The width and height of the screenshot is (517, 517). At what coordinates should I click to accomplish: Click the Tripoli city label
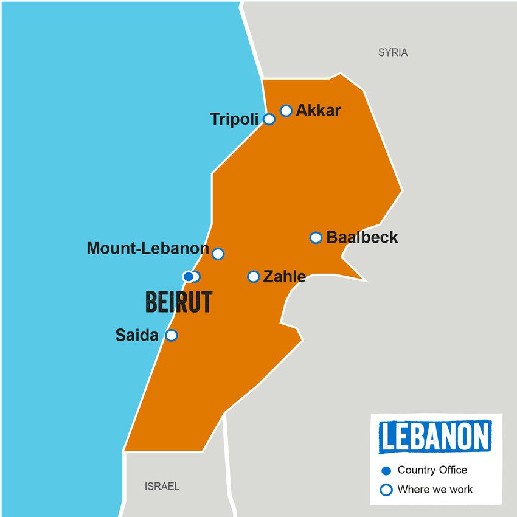tap(234, 119)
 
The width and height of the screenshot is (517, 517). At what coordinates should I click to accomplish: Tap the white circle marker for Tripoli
tap(269, 119)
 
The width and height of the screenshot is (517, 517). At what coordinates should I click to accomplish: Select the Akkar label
tap(318, 111)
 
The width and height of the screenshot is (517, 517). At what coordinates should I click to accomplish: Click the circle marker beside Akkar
tap(286, 111)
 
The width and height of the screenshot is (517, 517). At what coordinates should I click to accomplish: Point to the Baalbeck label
tap(362, 237)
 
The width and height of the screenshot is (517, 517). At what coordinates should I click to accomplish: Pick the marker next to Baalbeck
tap(316, 237)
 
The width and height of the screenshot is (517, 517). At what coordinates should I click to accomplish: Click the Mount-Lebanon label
tap(148, 248)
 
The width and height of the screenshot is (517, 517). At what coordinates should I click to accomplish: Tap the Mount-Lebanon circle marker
tap(218, 254)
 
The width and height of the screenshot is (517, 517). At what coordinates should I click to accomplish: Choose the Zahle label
tap(284, 277)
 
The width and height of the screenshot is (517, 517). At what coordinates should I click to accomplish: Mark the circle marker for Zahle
tap(254, 277)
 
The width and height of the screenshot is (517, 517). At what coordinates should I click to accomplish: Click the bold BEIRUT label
tap(179, 302)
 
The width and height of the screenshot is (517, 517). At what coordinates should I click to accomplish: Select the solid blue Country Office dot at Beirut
tap(189, 277)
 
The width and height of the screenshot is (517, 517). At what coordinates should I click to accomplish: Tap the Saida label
tap(137, 335)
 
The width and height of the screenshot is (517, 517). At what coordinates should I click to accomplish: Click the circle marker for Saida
tap(172, 335)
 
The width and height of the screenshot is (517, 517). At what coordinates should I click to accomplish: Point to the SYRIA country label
tap(393, 53)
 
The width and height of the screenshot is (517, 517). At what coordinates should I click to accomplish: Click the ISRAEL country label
tap(162, 487)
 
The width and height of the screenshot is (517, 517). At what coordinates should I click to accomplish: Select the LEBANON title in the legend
tap(435, 437)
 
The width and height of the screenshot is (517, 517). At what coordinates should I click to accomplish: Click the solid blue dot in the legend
tap(386, 470)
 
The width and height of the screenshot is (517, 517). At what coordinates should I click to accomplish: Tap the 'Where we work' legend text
tap(435, 489)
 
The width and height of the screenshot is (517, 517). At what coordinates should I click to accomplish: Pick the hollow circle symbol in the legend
tap(386, 490)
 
